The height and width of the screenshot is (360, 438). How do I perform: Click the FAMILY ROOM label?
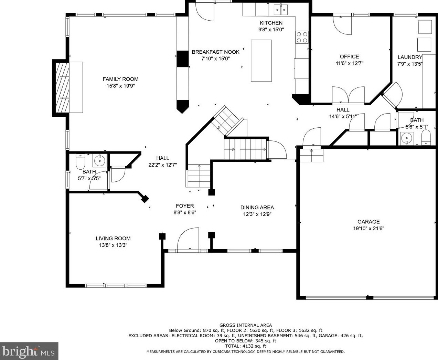tap(120, 79)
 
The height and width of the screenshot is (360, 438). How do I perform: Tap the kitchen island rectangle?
tap(261, 61)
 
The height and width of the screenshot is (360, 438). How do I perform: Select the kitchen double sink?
tap(281, 9)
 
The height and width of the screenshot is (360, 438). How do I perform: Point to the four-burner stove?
tap(302, 37)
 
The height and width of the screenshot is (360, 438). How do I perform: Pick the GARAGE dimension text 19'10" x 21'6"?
tap(368, 229)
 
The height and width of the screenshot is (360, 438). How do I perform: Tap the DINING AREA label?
tap(257, 207)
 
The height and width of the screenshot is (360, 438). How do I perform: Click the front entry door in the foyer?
tap(188, 239)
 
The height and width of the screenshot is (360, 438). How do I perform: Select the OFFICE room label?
tap(349, 56)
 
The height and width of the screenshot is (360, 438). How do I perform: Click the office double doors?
tap(348, 95)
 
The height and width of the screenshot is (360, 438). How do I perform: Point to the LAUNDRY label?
tap(410, 57)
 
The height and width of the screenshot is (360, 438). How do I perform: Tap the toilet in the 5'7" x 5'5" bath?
tap(81, 162)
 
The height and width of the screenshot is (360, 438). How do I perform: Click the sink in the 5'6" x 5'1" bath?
tap(407, 138)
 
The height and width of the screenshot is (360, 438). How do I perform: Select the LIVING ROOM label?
tap(113, 239)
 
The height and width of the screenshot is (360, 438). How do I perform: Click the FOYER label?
tap(185, 206)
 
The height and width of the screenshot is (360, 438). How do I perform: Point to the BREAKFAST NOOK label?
tap(216, 52)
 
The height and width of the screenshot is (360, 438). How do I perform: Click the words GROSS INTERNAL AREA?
tap(246, 325)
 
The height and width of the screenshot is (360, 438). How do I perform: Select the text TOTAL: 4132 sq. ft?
tap(246, 346)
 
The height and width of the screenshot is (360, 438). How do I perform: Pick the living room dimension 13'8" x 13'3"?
tap(113, 245)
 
